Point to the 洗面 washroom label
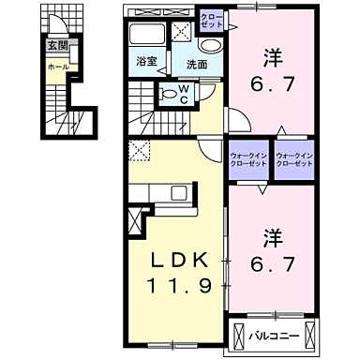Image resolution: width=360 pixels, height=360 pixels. [x=195, y=65]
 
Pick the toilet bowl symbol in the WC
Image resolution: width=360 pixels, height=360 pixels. [x=169, y=93]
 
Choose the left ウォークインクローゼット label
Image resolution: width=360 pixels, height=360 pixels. [x=247, y=158]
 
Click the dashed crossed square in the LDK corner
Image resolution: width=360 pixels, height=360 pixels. [x=141, y=149]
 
